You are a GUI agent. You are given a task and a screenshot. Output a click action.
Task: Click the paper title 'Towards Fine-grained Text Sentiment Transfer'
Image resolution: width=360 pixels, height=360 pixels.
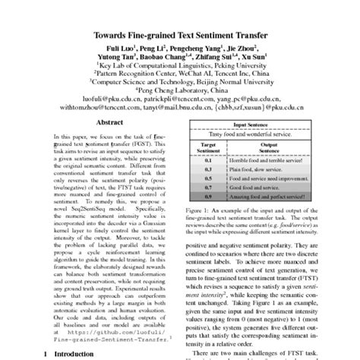[x=180, y=36]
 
